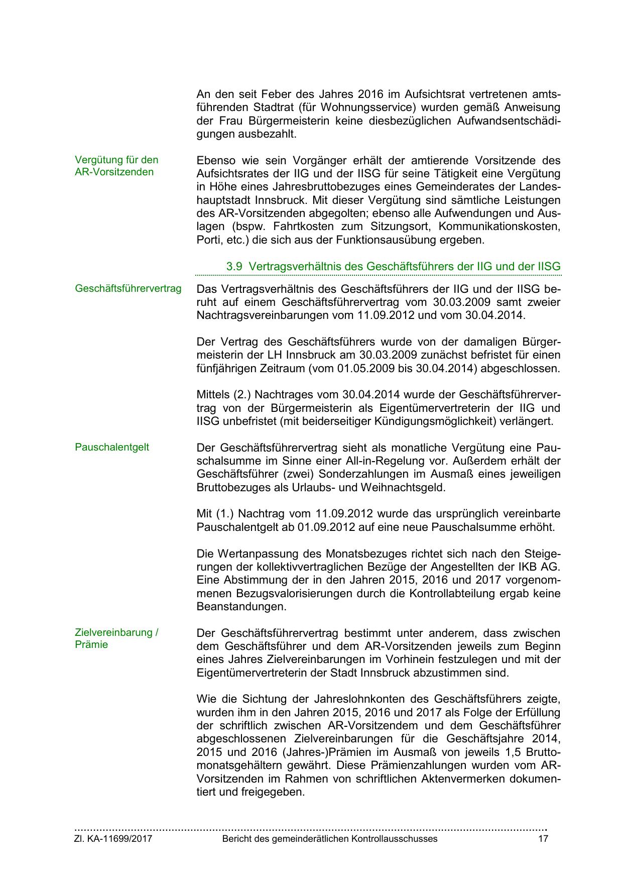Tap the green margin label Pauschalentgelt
coord(112,447)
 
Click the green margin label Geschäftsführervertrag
coord(128,289)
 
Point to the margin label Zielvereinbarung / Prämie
coord(116,638)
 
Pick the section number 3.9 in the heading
coord(234,266)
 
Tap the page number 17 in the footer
coord(543,839)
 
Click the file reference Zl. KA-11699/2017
coord(113,839)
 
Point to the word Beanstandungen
coord(241,606)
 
